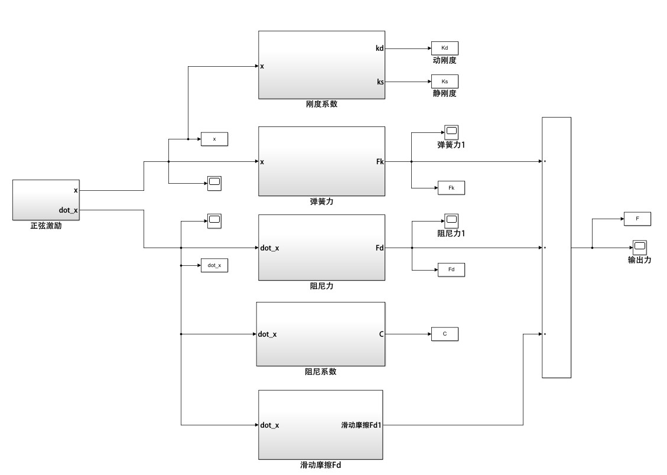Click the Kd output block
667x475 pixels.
[x=445, y=48]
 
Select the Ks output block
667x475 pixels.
[x=445, y=81]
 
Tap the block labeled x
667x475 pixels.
[x=214, y=139]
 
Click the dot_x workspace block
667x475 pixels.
[x=214, y=265]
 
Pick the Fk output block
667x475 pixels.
[x=451, y=188]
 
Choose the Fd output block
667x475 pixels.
[x=451, y=269]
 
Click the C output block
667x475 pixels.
[x=445, y=334]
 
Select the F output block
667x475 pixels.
[x=637, y=219]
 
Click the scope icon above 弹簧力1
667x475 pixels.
[x=451, y=132]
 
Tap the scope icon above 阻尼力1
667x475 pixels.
[x=451, y=220]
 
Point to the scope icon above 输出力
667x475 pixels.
[x=639, y=247]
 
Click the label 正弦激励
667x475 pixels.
[x=46, y=226]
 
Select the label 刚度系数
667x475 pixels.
[x=322, y=105]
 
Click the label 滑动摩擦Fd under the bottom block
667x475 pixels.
[x=321, y=466]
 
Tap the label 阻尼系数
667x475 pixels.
[x=321, y=372]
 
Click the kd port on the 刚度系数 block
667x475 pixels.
[x=380, y=48]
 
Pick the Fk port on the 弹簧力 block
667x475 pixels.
[x=380, y=161]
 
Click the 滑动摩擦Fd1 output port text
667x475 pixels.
[x=361, y=425]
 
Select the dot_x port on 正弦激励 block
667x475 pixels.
[x=69, y=210]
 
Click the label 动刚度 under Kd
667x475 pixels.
[x=444, y=60]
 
